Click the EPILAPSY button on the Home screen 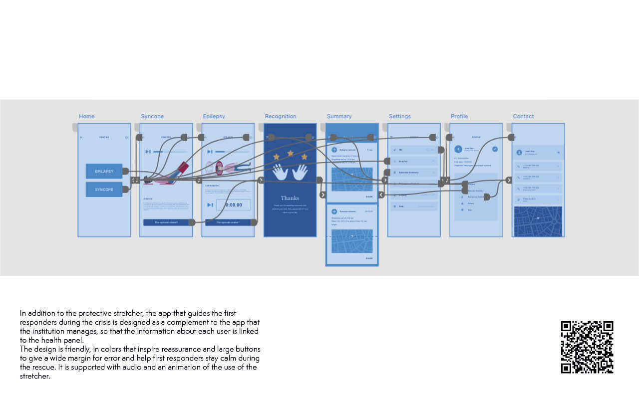[x=104, y=171]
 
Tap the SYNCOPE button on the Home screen [x=104, y=190]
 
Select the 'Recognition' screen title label [x=281, y=116]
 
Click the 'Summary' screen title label [x=339, y=116]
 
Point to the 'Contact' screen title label [x=523, y=116]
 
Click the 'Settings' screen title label [x=400, y=116]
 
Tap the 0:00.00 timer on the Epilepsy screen [x=233, y=205]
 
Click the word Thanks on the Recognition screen [x=290, y=198]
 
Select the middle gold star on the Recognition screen [x=290, y=153]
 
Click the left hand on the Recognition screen [x=280, y=172]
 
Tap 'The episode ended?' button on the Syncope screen [x=166, y=222]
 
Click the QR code [x=587, y=347]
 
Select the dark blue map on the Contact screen [x=538, y=221]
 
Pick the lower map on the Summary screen [x=352, y=241]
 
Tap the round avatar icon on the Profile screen [x=458, y=149]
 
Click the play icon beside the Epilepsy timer [x=210, y=205]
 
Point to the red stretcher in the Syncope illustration [x=182, y=168]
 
